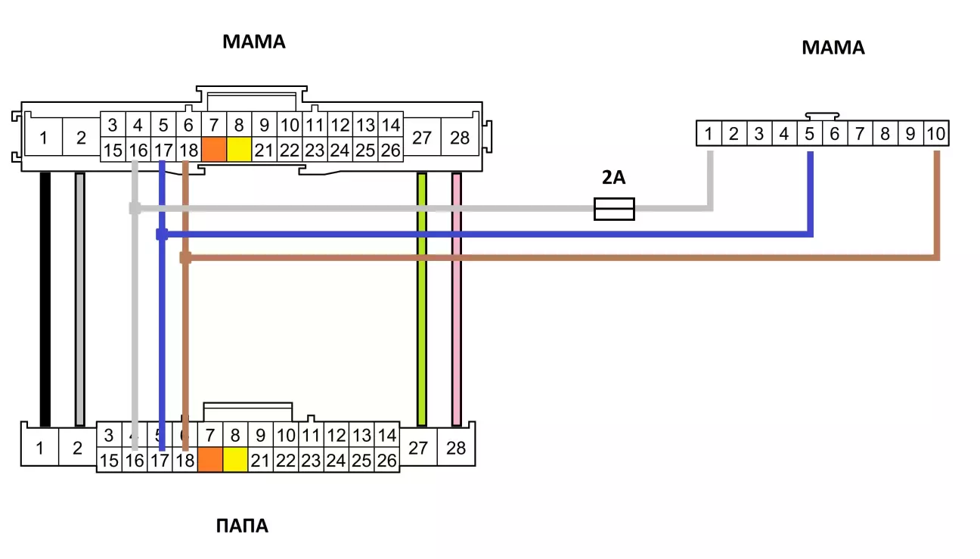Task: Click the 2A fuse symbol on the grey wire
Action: click(614, 209)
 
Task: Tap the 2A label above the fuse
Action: click(614, 179)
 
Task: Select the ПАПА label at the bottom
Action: click(242, 526)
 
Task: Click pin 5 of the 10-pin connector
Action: click(809, 135)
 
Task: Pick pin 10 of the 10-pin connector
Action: click(935, 135)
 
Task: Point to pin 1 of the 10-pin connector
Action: click(709, 135)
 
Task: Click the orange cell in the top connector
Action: click(214, 149)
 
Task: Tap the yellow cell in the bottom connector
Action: click(235, 459)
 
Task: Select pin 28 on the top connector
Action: click(460, 138)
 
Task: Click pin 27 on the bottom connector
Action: click(418, 448)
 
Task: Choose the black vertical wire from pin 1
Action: click(45, 299)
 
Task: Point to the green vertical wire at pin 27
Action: click(422, 299)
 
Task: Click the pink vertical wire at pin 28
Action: click(456, 299)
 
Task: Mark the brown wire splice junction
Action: click(185, 258)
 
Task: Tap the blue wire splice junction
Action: click(162, 234)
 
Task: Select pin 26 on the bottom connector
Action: click(386, 460)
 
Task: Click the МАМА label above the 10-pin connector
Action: click(833, 48)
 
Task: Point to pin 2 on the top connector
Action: click(81, 138)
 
